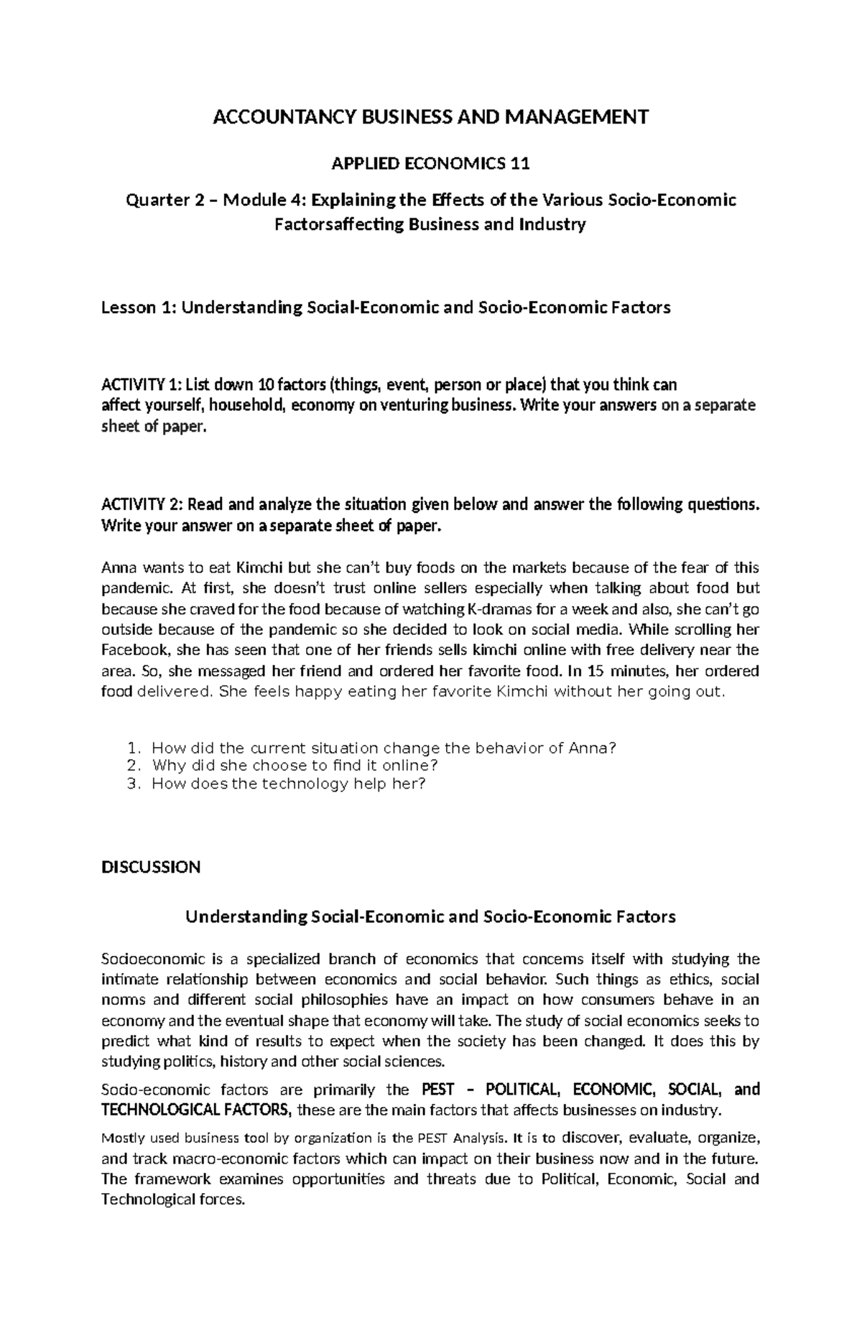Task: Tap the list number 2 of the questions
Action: [x=131, y=766]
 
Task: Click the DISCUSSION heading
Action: [x=151, y=867]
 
